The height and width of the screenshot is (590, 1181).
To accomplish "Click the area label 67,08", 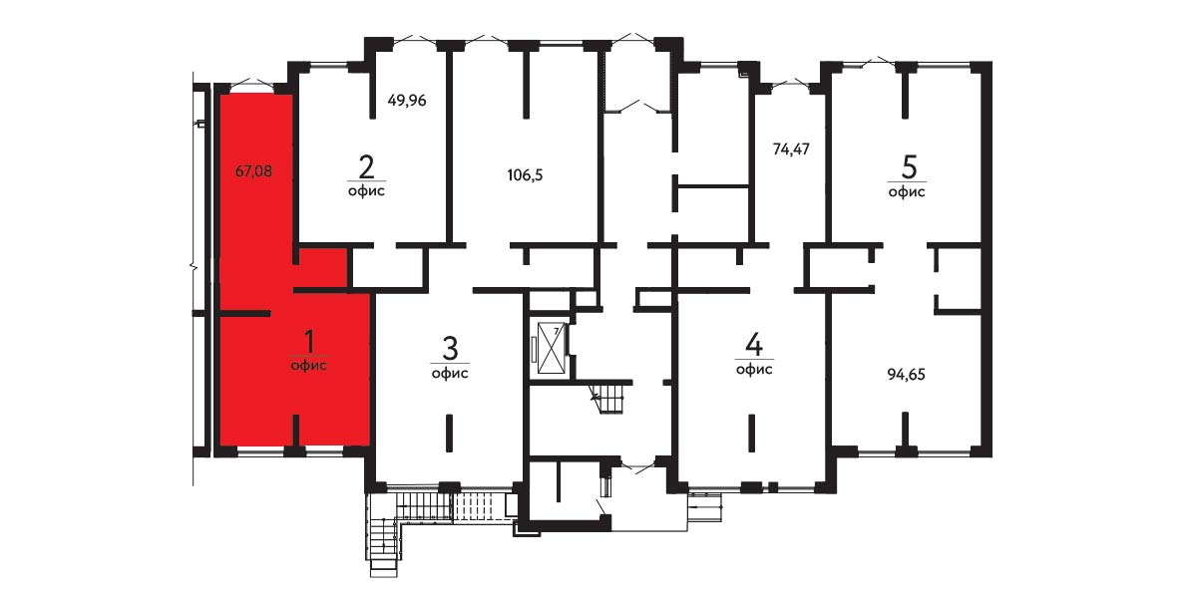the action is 253,170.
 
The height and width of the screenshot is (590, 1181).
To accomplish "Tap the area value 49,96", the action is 408,100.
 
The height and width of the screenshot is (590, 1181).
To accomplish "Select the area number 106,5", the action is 526,175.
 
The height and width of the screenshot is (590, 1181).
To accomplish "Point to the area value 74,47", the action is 791,148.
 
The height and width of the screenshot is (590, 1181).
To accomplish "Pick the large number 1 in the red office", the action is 308,343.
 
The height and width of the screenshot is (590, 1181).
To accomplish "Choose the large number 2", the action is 367,166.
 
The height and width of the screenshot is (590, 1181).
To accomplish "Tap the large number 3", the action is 450,349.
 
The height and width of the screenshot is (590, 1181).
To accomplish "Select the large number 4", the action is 753,346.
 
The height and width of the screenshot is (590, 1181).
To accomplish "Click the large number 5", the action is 908,167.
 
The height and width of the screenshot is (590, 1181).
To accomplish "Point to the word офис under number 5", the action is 907,191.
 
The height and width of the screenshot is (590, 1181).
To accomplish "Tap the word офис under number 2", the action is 367,190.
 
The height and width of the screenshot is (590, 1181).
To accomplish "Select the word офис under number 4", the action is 754,369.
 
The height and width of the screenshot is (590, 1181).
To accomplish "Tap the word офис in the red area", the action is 309,366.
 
